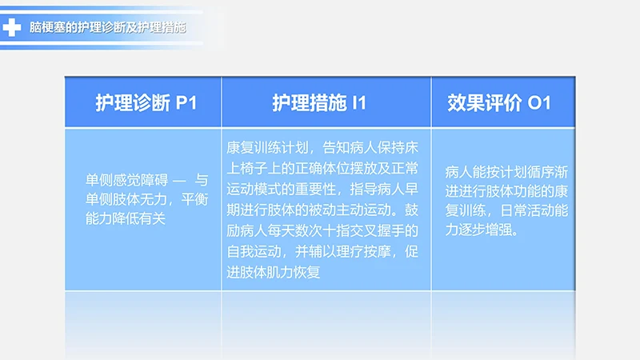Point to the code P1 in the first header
185,102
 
